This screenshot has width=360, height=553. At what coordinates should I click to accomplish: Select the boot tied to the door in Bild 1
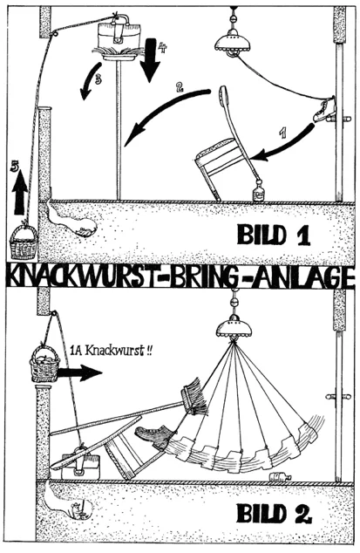click(x=325, y=109)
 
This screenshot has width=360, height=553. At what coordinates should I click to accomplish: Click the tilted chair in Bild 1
click(x=226, y=148)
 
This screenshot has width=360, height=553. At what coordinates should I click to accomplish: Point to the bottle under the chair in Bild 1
click(x=258, y=191)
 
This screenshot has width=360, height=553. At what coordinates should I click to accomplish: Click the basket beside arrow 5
click(x=24, y=242)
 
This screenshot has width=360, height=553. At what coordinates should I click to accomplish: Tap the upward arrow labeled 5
click(x=20, y=192)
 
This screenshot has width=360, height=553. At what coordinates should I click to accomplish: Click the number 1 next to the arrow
click(x=282, y=133)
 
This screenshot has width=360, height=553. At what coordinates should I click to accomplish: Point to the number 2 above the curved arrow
click(x=180, y=87)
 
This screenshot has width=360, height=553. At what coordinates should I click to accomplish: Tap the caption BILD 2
click(x=274, y=513)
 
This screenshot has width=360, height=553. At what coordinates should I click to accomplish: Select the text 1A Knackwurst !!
click(x=111, y=351)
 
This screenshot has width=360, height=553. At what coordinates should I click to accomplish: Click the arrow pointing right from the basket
click(x=79, y=372)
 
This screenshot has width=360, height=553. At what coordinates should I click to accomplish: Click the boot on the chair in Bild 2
click(x=156, y=435)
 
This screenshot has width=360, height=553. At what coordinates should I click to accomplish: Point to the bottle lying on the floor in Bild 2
click(x=281, y=477)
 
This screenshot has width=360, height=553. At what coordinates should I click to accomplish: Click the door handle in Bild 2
click(x=338, y=396)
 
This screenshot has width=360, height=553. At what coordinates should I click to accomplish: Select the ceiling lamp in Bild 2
click(x=234, y=323)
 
